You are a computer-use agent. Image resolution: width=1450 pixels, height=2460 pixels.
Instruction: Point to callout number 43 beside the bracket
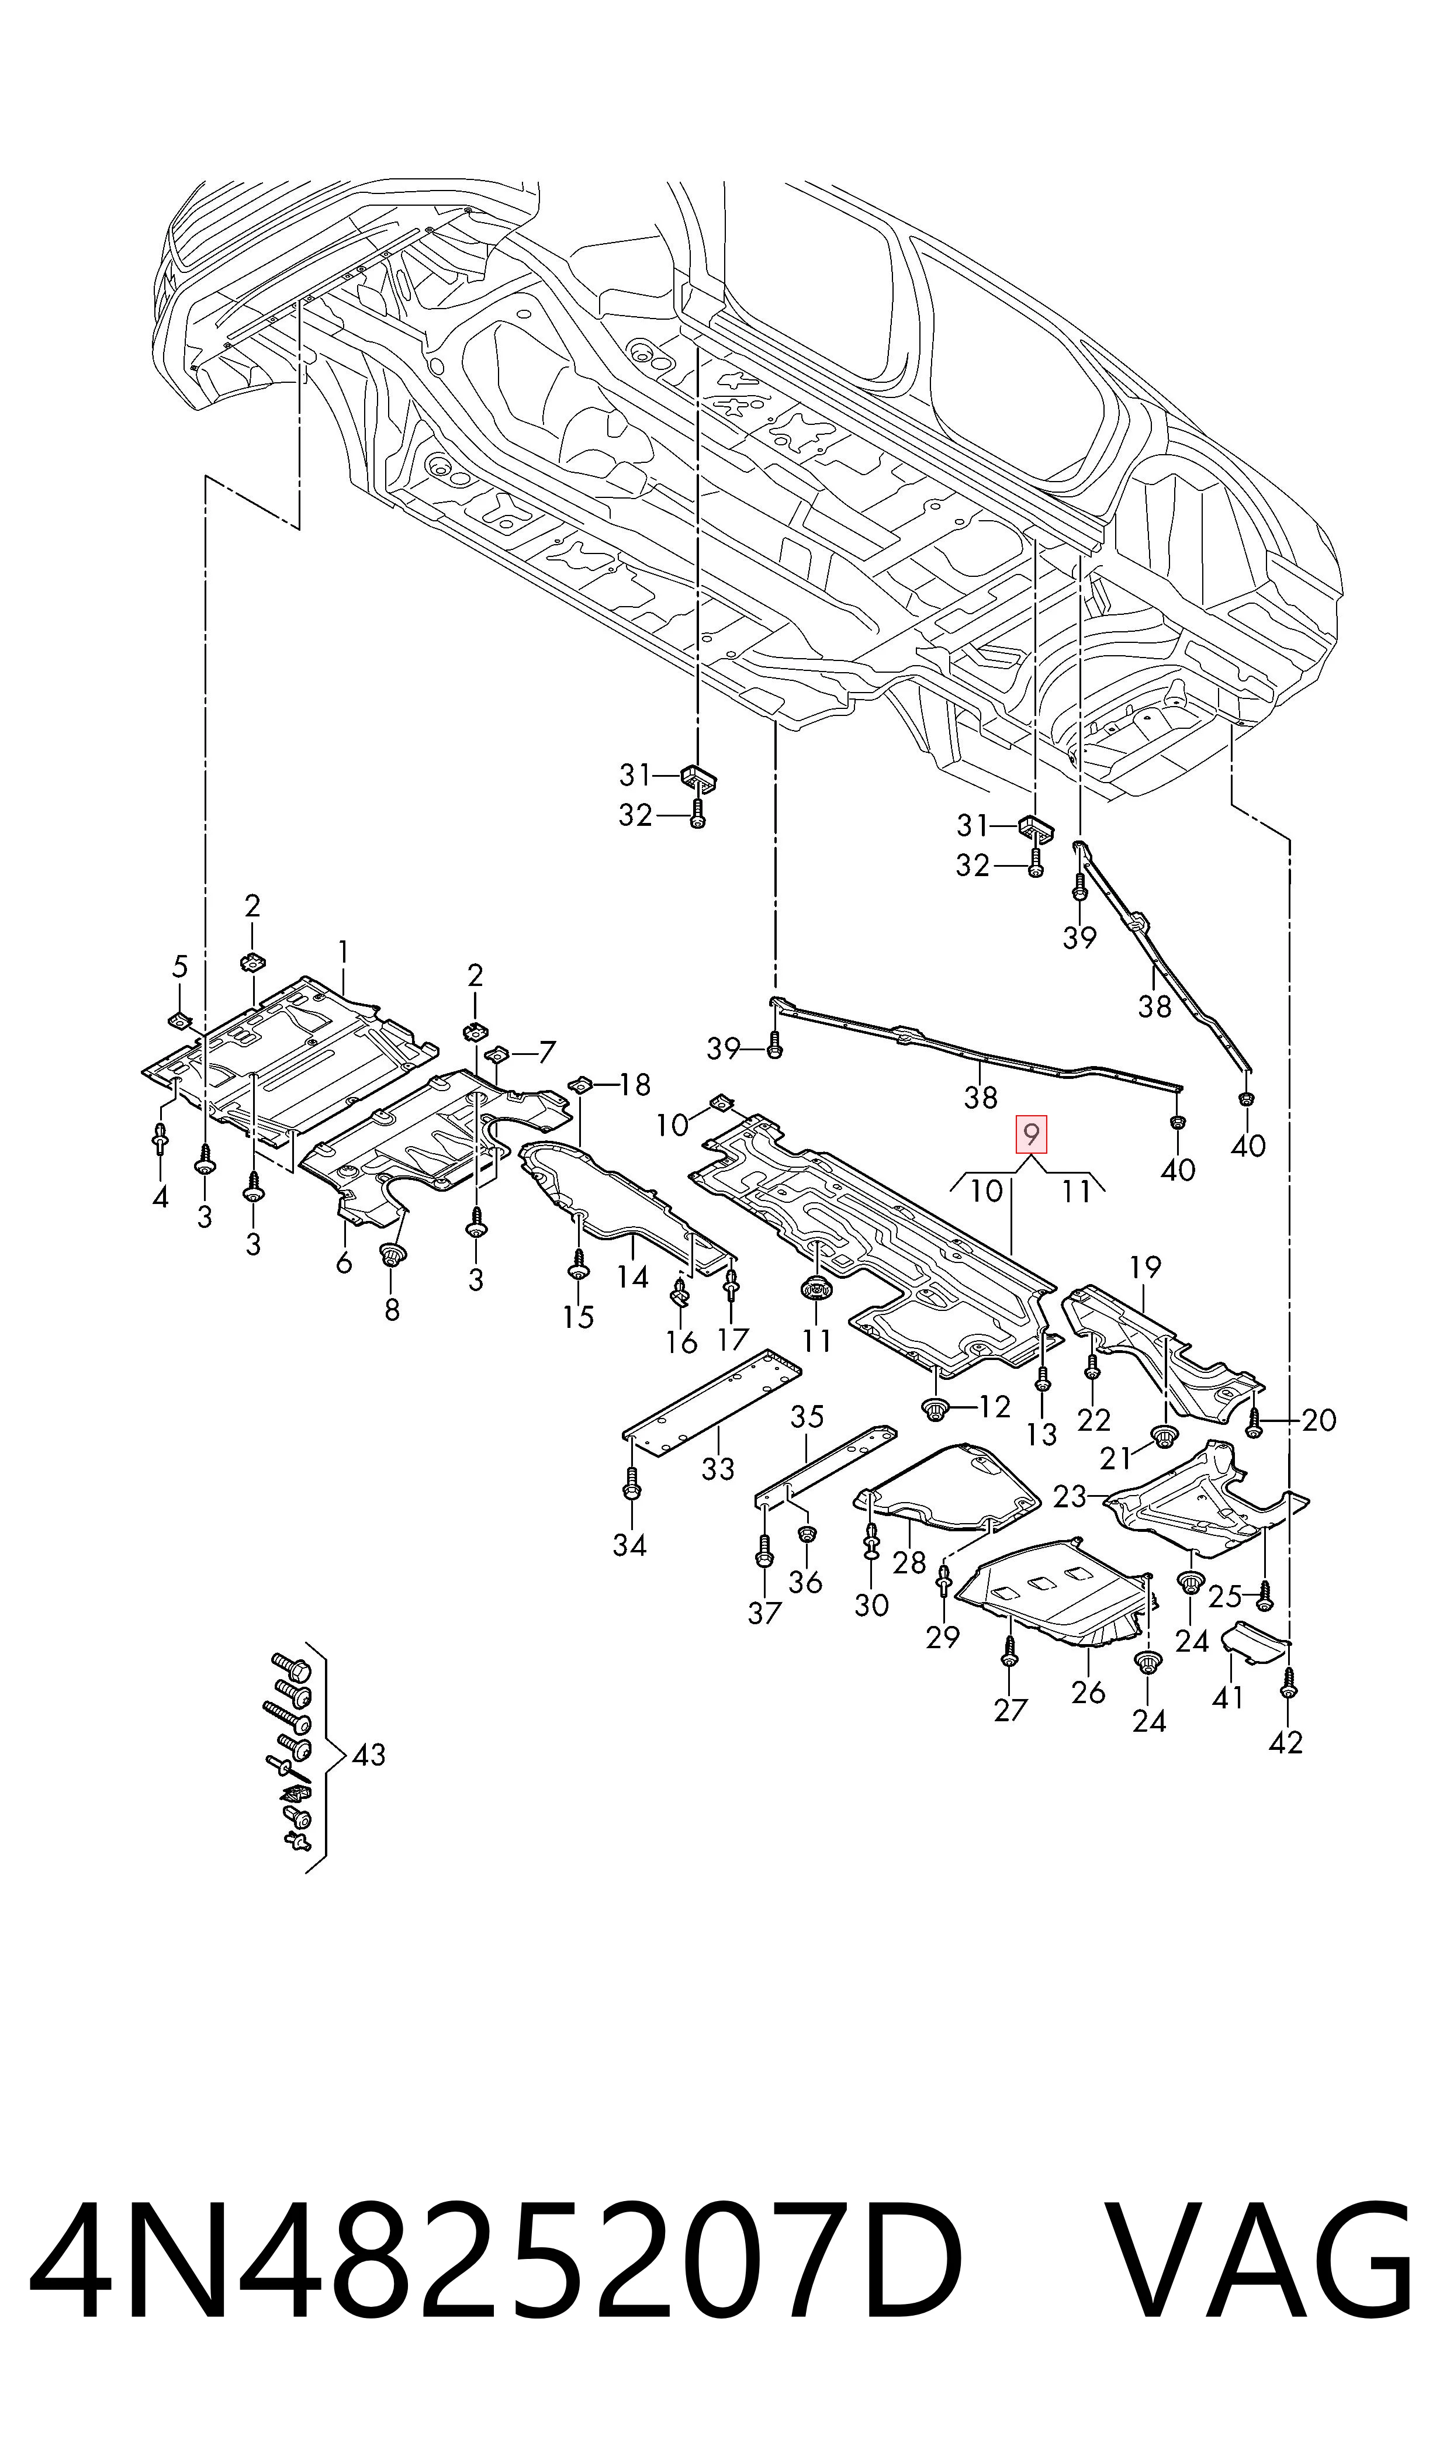[368, 1755]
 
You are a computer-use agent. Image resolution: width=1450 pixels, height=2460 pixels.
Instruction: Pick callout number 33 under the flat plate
[718, 1468]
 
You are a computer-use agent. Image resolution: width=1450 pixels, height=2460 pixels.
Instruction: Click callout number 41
[1227, 1697]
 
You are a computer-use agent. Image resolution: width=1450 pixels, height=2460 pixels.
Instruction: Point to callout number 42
[1286, 1742]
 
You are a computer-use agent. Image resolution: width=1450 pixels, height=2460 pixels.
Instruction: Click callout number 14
[633, 1277]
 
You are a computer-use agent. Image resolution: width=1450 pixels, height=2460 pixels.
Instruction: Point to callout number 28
[909, 1562]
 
